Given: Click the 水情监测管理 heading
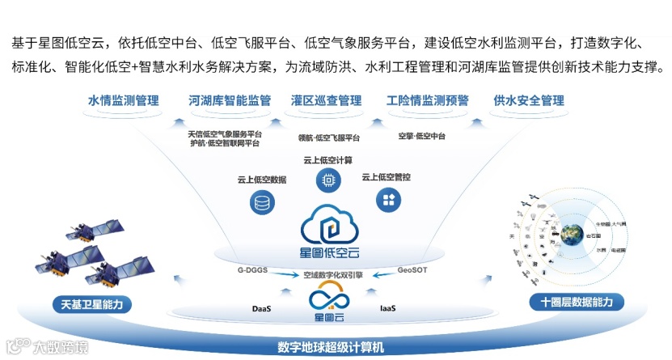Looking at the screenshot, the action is tap(124, 101).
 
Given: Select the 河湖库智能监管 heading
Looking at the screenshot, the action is tap(229, 101).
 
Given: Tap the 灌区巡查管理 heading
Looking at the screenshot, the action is tap(326, 101).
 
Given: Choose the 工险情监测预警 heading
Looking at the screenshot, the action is tap(428, 101).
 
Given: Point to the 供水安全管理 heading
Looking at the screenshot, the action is tap(529, 101).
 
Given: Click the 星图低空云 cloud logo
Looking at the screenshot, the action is tap(328, 227).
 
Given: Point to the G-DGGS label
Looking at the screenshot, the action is tap(251, 269).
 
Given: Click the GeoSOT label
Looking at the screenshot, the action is tap(412, 269).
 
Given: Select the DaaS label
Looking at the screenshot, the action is tap(262, 308).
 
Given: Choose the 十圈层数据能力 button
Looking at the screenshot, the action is tap(582, 303).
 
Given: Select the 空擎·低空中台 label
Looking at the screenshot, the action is tap(427, 135).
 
